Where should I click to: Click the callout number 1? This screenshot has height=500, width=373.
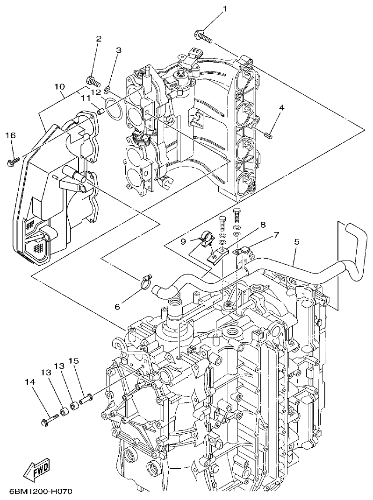click(x=225, y=8)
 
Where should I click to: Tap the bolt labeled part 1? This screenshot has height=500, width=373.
click(x=203, y=36)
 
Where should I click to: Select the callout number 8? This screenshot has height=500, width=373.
click(x=263, y=225)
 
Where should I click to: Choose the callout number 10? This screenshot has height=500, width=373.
click(x=59, y=87)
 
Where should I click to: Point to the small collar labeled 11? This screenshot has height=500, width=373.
click(x=100, y=111)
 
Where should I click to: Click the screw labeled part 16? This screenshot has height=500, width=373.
click(x=13, y=162)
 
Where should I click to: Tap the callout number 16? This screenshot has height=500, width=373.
click(x=10, y=135)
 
